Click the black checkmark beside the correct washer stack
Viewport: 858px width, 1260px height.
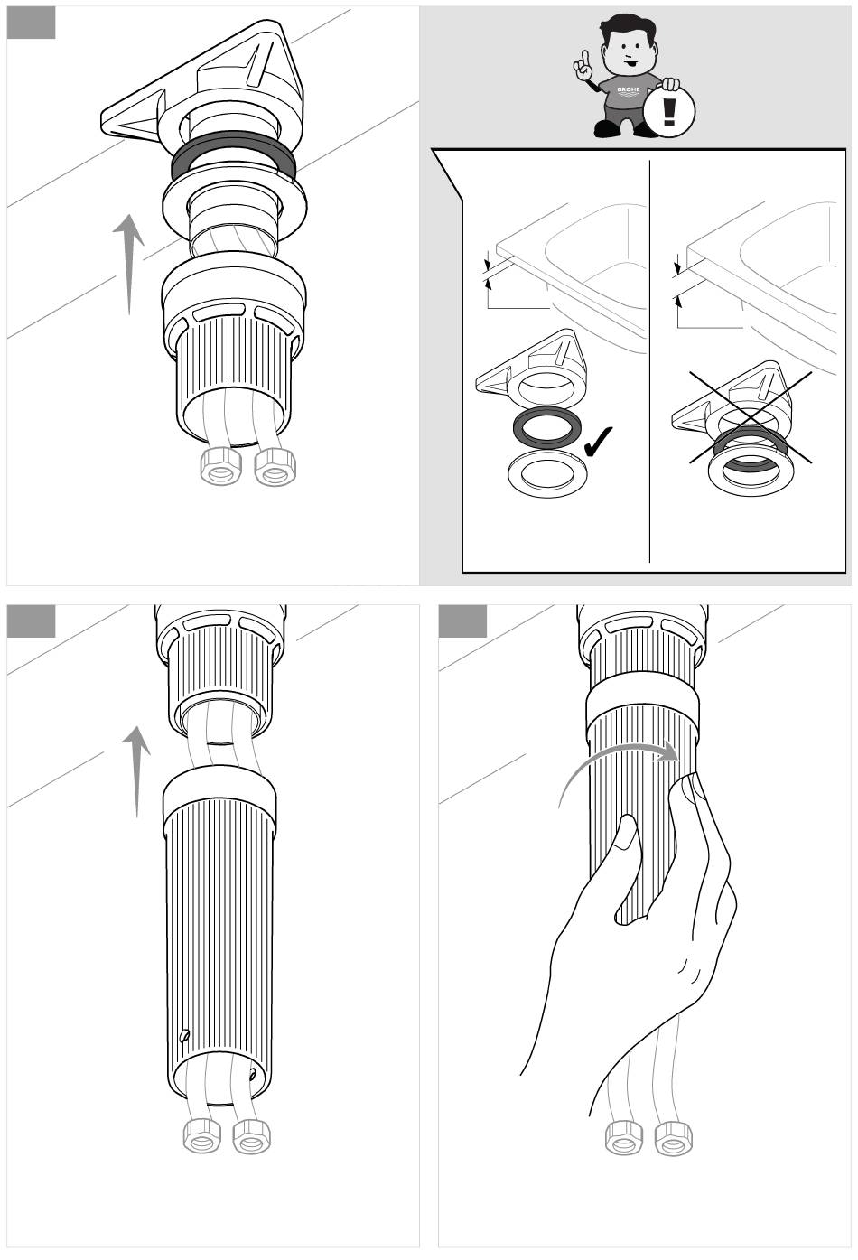(x=598, y=442)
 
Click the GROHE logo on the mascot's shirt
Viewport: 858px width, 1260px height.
(x=628, y=90)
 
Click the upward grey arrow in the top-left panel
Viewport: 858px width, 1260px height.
(x=129, y=264)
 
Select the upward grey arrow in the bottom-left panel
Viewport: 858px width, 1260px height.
(x=136, y=770)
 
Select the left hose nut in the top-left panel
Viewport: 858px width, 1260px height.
(x=220, y=465)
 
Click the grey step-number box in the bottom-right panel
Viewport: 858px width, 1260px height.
(x=462, y=621)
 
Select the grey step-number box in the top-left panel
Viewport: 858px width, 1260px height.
(x=31, y=23)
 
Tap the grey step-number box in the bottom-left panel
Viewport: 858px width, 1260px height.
(x=31, y=621)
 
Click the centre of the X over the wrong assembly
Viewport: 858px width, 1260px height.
(x=751, y=417)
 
